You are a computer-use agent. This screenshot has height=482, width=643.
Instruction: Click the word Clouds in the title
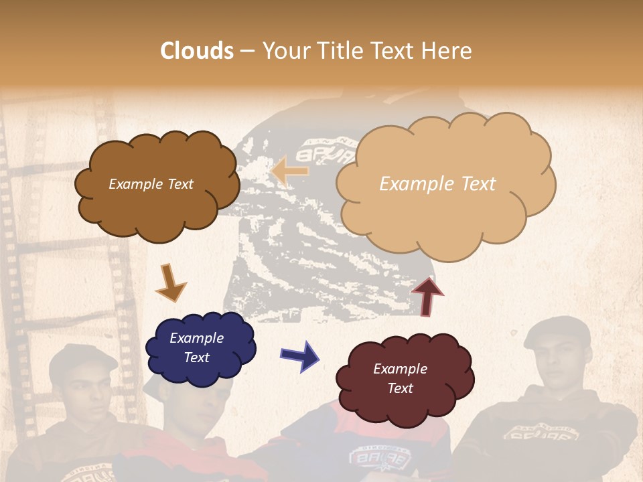(x=197, y=50)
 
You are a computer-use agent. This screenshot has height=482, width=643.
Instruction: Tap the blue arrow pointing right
(x=299, y=355)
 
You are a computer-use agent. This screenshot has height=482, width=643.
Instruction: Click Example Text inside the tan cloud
(x=437, y=184)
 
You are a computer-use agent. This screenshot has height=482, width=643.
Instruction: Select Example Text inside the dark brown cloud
(x=151, y=184)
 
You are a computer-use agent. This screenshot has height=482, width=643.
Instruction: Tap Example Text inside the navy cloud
(x=196, y=347)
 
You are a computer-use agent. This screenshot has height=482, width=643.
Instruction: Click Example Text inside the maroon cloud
(x=400, y=378)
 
